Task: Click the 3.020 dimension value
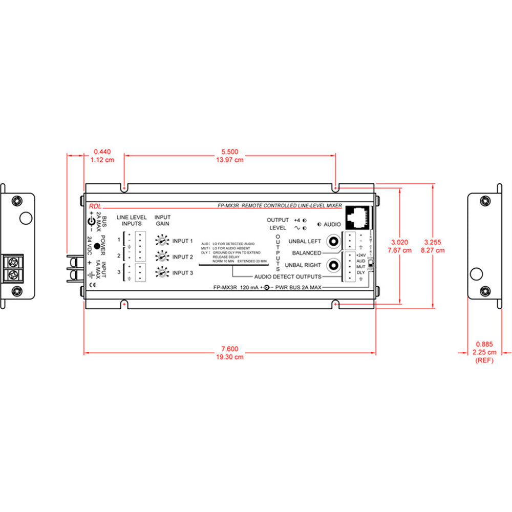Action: [400, 242]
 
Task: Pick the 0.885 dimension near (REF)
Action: [484, 344]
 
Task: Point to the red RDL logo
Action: [95, 205]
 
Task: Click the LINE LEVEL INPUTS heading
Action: [131, 220]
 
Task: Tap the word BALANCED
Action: [307, 253]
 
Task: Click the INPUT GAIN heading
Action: [163, 220]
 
